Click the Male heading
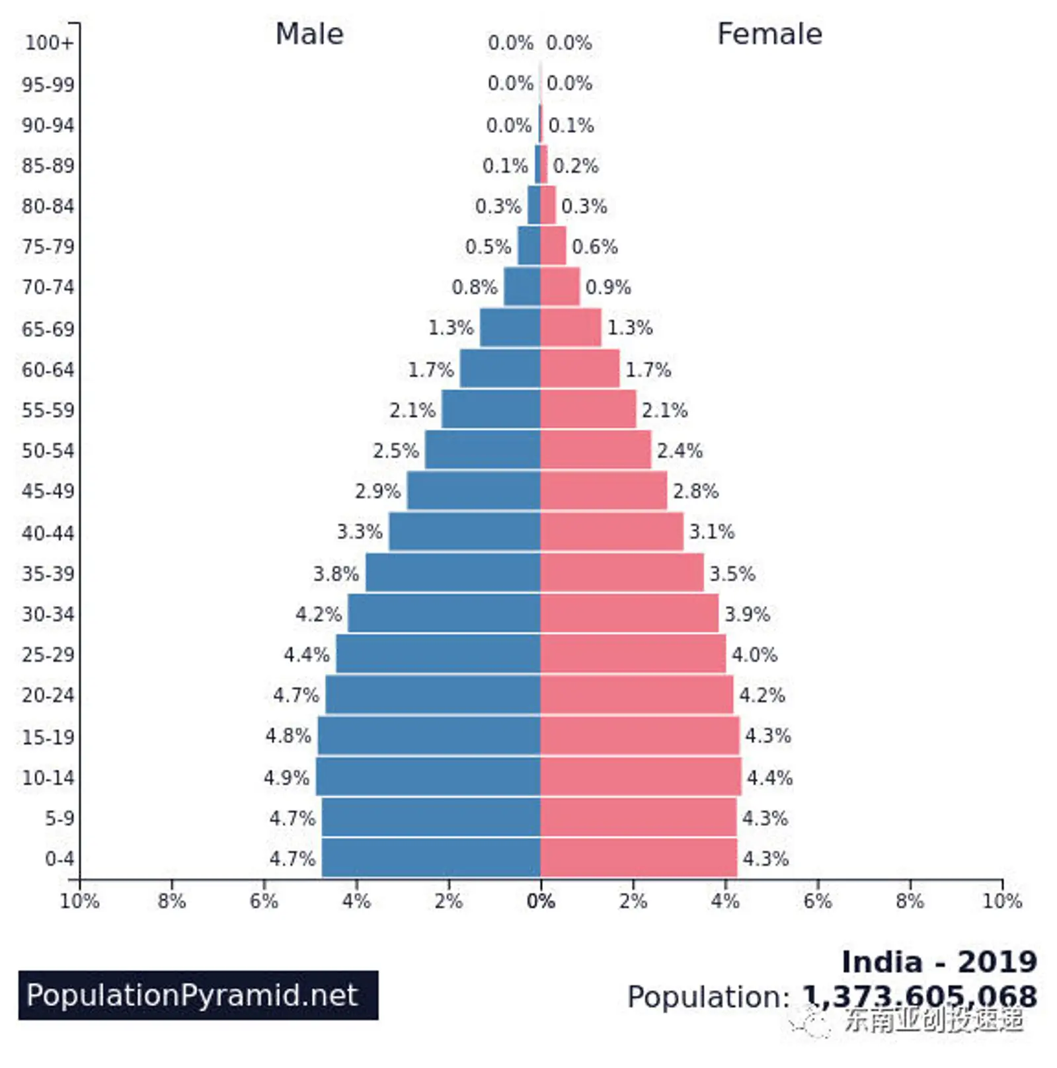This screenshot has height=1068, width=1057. click(x=309, y=34)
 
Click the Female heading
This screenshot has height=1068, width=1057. click(x=769, y=34)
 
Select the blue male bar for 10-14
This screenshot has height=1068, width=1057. click(x=428, y=777)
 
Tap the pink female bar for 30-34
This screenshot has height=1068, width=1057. click(x=629, y=613)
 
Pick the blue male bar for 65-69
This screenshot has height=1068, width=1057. click(x=510, y=328)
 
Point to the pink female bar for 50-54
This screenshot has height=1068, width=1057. click(x=596, y=450)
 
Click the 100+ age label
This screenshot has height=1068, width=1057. click(x=49, y=43)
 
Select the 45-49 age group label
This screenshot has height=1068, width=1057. click(x=48, y=491)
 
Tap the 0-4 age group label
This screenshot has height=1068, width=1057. click(x=59, y=858)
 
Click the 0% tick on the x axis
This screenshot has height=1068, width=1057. click(x=541, y=901)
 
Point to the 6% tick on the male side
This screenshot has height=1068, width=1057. click(x=264, y=901)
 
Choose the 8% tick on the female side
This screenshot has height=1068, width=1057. click(x=910, y=901)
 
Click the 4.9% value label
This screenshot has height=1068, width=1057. click(x=286, y=777)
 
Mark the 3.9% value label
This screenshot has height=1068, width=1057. click(x=747, y=614)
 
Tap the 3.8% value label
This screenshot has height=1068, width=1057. click(x=336, y=573)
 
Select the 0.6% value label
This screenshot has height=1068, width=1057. click(x=594, y=247)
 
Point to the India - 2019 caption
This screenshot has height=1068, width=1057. click(x=939, y=962)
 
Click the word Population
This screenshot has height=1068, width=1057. click(x=708, y=997)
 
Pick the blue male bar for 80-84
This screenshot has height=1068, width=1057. click(x=533, y=206)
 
